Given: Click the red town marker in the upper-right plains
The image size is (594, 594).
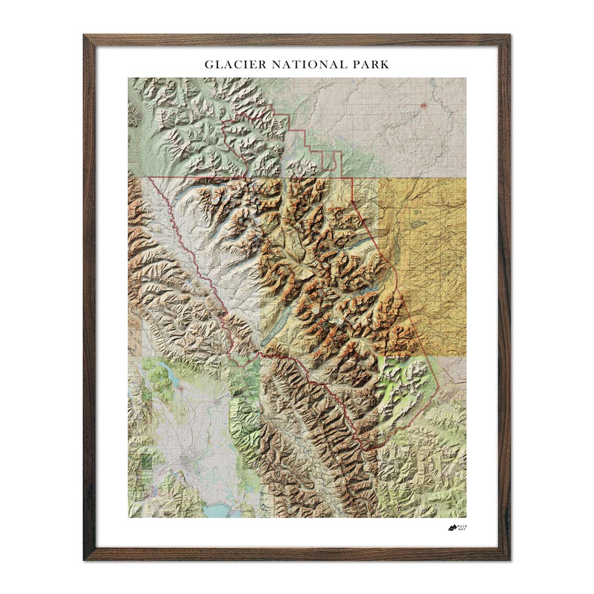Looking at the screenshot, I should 424,105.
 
